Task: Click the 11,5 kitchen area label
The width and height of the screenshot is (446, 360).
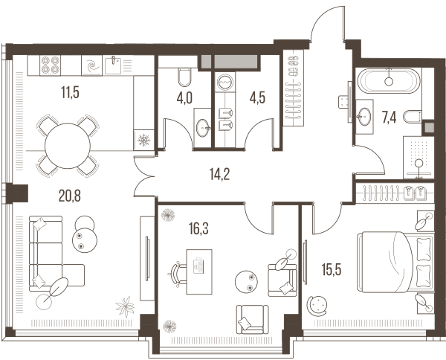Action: (70, 92)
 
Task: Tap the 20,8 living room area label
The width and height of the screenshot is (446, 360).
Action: (69, 196)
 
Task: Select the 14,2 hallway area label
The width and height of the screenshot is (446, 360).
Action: (219, 174)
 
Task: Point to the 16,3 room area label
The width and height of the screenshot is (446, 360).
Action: (198, 228)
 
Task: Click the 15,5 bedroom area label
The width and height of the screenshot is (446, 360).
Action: (332, 269)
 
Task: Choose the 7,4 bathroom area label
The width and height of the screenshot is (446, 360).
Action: (389, 118)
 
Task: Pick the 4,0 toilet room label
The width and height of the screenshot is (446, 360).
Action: (184, 98)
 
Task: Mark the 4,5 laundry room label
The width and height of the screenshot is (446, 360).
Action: (257, 98)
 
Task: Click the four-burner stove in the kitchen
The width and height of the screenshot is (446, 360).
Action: (50, 65)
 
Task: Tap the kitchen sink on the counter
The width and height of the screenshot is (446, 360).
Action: (113, 65)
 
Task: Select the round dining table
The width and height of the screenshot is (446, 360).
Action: (68, 146)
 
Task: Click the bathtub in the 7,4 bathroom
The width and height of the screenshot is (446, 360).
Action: (389, 81)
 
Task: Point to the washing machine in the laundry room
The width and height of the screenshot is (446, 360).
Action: (225, 83)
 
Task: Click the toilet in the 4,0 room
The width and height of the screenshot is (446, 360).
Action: (184, 77)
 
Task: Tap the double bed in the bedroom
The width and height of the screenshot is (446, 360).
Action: (395, 262)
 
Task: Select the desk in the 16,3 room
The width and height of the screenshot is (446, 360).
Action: (199, 271)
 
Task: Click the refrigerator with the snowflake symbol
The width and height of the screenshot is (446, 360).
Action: (144, 140)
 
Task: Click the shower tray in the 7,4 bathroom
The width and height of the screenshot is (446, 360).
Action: (418, 158)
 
